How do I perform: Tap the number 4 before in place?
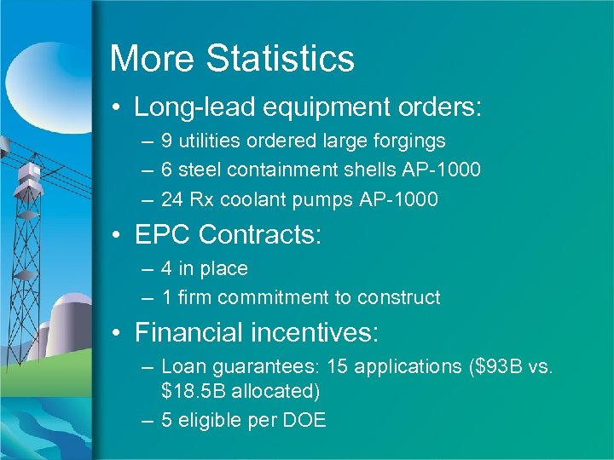click(x=166, y=268)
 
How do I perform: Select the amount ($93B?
click(x=498, y=367)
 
